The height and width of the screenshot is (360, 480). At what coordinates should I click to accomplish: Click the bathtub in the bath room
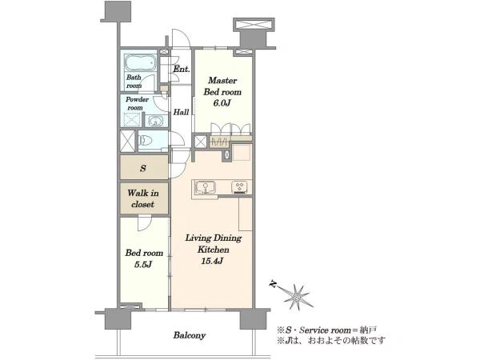[140, 63]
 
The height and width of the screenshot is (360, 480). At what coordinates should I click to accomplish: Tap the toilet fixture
[146, 141]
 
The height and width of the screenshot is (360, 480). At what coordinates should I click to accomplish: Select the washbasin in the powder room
[156, 122]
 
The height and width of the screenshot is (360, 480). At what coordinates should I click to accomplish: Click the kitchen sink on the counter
[206, 187]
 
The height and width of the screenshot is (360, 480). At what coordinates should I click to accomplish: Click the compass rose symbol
[297, 296]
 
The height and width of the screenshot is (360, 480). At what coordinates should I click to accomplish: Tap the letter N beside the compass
[272, 285]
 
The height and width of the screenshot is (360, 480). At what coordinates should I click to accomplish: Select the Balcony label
[189, 335]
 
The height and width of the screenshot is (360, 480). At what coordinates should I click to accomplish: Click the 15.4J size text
[212, 261]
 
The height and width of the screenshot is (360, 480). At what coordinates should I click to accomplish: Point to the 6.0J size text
[222, 103]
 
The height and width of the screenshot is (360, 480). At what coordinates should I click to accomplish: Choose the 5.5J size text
[143, 265]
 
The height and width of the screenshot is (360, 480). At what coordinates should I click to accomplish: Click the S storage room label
[143, 168]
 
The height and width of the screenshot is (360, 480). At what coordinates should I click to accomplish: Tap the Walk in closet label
[143, 198]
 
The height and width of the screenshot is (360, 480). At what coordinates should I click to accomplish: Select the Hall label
[181, 112]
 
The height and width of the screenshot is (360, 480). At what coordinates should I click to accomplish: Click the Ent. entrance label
[182, 69]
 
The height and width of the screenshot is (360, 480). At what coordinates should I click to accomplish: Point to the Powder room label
[137, 103]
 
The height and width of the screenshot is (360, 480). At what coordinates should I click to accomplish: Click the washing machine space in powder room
[133, 120]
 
